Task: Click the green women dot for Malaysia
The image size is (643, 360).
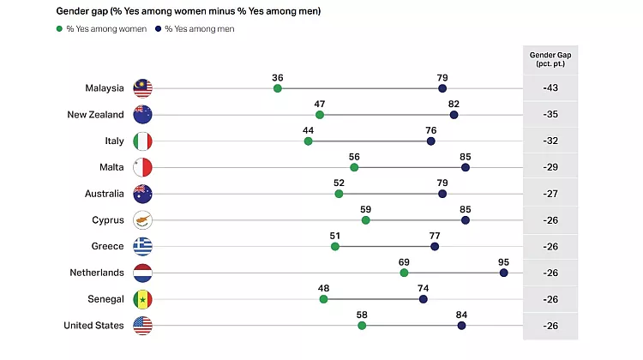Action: (x=278, y=88)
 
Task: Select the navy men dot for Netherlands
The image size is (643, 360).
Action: (x=504, y=273)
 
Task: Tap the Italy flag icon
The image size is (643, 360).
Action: (x=142, y=141)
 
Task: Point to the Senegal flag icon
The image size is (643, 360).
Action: (x=142, y=299)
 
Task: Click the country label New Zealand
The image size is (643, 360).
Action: (x=95, y=114)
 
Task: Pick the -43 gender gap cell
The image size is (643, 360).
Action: (x=550, y=88)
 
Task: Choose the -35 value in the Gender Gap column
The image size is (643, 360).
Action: (x=550, y=114)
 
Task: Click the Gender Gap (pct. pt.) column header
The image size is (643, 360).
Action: (x=550, y=60)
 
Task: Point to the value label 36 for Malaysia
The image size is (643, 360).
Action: (x=278, y=76)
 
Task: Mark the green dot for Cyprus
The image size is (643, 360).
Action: (x=366, y=220)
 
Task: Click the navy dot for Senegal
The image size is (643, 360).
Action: (x=424, y=299)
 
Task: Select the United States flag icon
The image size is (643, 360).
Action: (x=142, y=325)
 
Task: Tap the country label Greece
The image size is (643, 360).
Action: (x=107, y=246)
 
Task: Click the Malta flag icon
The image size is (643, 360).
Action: (x=142, y=167)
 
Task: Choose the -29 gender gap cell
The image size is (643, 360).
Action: (x=550, y=167)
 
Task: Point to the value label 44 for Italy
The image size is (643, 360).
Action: (x=309, y=129)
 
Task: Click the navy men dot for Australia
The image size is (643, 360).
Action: (x=442, y=194)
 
